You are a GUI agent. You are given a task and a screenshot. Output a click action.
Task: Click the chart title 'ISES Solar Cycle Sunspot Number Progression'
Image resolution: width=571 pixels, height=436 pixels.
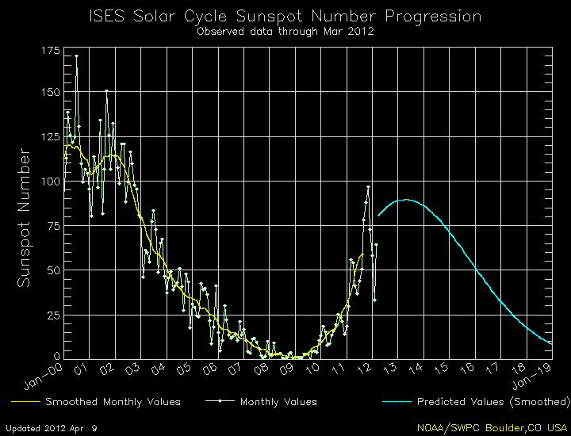pyautogui.click(x=285, y=17)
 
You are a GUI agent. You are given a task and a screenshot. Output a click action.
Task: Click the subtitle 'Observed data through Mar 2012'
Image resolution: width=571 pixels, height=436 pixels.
pyautogui.click(x=285, y=33)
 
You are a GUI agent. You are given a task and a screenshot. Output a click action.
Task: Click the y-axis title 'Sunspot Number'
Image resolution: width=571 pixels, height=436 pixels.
pyautogui.click(x=25, y=217)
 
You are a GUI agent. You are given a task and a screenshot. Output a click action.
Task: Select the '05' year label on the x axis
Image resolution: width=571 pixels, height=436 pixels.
pyautogui.click(x=184, y=369)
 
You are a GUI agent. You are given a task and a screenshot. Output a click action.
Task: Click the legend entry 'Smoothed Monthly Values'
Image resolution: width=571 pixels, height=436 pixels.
pyautogui.click(x=113, y=402)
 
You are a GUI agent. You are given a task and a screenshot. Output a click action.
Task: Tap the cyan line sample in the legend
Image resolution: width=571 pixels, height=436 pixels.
pyautogui.click(x=401, y=402)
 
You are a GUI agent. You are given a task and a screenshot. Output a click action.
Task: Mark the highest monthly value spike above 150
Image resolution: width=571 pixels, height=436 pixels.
pyautogui.click(x=76, y=55)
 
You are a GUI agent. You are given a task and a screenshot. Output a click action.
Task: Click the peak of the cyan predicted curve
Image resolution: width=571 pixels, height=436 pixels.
pyautogui.click(x=406, y=200)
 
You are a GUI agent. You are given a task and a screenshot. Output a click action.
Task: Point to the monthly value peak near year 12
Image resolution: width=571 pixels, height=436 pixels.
pyautogui.click(x=368, y=187)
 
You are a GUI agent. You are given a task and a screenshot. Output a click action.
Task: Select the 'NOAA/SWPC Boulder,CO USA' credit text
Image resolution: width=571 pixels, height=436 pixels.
pyautogui.click(x=492, y=427)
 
